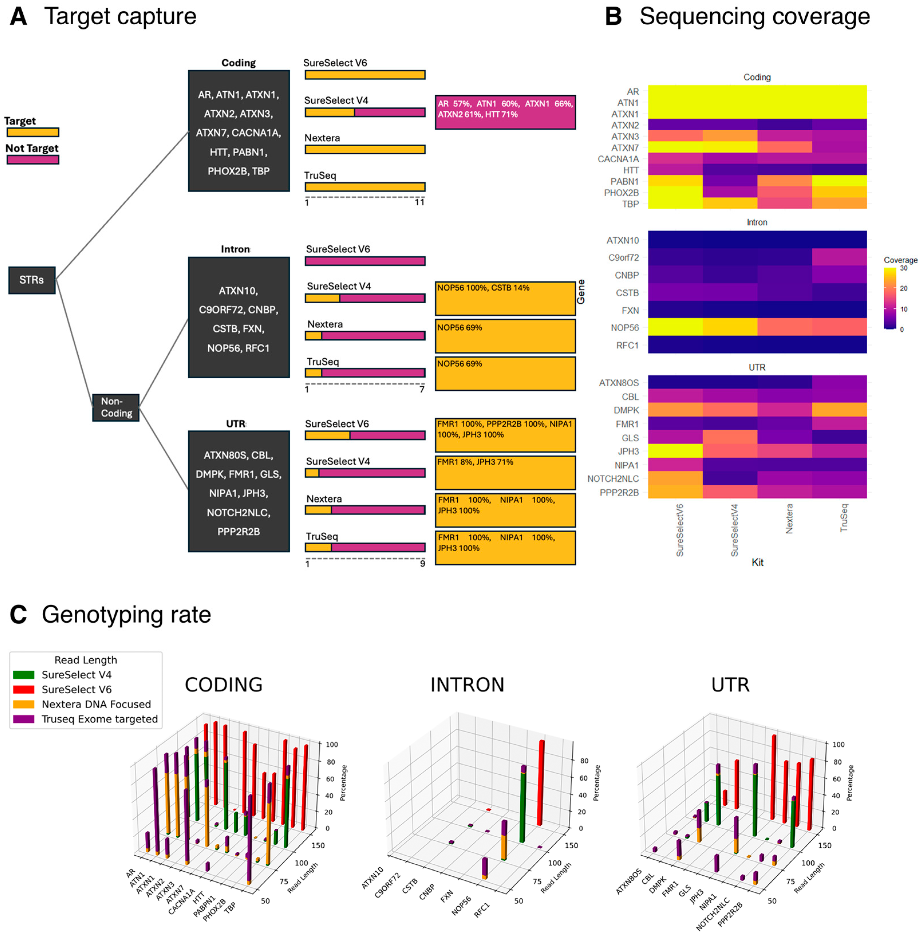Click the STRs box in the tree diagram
32,280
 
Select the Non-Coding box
116,408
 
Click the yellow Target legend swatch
33,132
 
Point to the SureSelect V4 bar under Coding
365,112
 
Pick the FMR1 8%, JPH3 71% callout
505,472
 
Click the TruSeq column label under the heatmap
844,518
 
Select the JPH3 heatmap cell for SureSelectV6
675,451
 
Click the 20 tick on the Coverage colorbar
903,288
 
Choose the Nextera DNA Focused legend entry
96,704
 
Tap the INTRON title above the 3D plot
467,685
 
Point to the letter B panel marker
613,16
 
